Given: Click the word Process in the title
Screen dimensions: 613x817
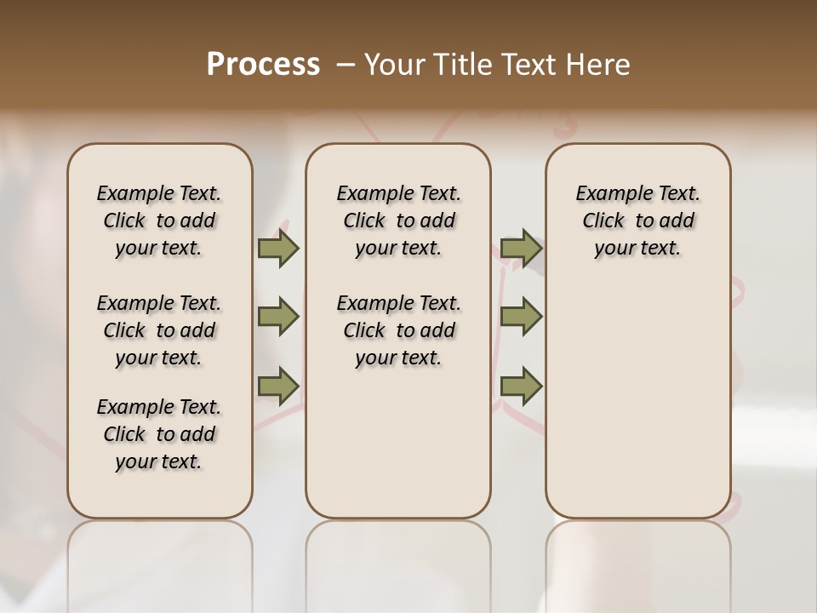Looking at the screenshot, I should click(263, 65).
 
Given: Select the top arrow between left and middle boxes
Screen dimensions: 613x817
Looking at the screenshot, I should click(278, 249).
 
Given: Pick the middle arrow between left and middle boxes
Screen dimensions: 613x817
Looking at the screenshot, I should click(278, 318).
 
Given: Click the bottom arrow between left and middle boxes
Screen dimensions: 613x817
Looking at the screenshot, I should click(278, 387).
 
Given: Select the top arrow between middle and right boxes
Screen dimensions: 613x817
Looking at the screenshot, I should click(521, 249).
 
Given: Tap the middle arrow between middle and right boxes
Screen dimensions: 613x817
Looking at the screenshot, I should click(521, 318).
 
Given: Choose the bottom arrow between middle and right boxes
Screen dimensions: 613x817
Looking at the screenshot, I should click(521, 387).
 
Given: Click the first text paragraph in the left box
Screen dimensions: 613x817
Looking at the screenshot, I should click(159, 221).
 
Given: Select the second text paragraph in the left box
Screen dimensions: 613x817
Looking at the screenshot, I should click(159, 330).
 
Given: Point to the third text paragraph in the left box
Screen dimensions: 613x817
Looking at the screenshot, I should click(159, 434).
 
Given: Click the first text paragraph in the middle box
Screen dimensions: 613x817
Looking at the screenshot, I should click(398, 221).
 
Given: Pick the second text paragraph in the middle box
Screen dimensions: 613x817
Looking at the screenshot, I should click(398, 330).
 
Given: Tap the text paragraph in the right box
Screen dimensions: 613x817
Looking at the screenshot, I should click(638, 221).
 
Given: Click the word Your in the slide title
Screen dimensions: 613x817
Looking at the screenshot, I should click(392, 65).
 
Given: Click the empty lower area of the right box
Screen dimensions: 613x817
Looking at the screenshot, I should click(638, 400).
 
